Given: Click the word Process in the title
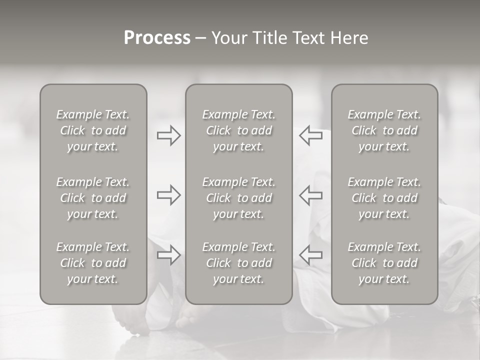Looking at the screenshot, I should coord(157,38).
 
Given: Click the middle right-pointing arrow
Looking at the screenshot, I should coord(168,195).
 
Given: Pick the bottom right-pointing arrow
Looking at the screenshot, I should coord(168,255).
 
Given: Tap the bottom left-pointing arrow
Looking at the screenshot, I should coord(311,255).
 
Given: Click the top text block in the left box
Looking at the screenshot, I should coord(93,130).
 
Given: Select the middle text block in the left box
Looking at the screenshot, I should coord(93,198).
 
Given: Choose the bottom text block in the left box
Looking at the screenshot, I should coord(93,263).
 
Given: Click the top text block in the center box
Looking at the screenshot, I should coord(239,130).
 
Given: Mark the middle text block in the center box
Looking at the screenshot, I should coord(239,198).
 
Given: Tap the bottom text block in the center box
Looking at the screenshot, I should coord(239,263).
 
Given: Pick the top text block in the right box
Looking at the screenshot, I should coord(384,130).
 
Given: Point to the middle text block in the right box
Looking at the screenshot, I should coord(384,198).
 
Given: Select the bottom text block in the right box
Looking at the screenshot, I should coord(384,263).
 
